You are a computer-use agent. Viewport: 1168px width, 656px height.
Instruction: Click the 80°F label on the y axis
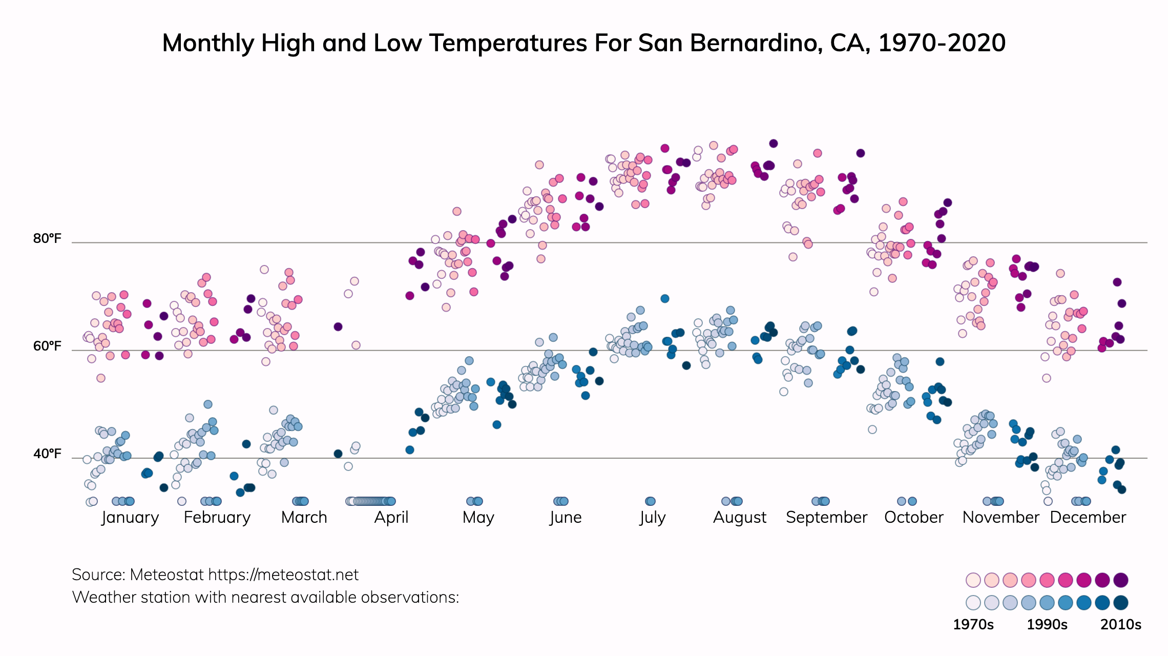point(47,239)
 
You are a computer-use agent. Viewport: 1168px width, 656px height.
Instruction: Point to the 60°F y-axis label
point(47,346)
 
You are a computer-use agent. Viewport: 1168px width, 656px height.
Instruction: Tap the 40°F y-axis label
point(47,454)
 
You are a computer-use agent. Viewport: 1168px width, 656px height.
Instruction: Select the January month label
point(130,517)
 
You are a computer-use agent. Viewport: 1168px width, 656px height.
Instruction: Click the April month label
point(391,517)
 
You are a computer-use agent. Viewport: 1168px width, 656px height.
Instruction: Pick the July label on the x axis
point(652,517)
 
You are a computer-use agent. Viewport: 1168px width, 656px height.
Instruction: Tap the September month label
point(826,517)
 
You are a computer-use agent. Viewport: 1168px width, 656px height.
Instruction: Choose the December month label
point(1088,517)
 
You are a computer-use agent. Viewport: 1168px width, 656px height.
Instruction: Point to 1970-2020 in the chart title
point(942,43)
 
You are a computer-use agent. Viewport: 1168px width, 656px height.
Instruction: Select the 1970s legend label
point(973,625)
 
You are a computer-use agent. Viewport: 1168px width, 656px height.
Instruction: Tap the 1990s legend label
point(1047,625)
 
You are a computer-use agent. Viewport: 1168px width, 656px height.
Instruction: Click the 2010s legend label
point(1121,625)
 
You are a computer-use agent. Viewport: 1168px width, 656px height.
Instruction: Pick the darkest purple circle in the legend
point(1121,580)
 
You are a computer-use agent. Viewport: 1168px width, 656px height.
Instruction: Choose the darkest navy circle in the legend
point(1121,603)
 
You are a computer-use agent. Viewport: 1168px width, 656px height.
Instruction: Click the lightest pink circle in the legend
point(973,580)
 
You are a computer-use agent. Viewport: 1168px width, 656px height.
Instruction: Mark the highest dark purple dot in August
point(774,143)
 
